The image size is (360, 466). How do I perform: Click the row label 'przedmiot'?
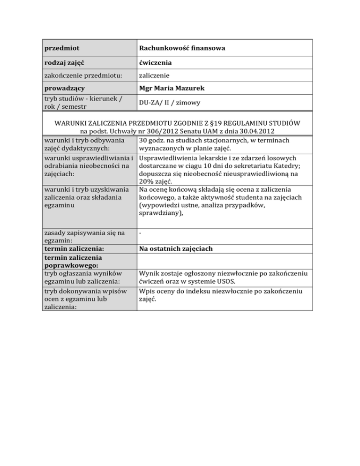click(x=61, y=48)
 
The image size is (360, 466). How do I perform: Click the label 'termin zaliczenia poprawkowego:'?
click(x=73, y=262)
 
